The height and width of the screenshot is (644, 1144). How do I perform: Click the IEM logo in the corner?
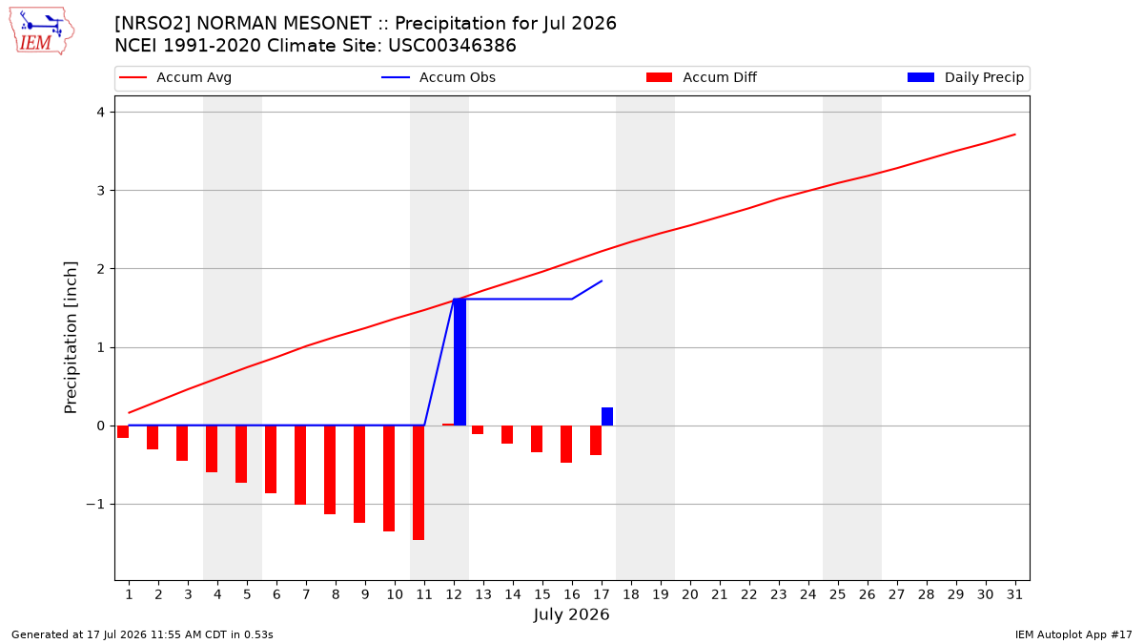(x=42, y=31)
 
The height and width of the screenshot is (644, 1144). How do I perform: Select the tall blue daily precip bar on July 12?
(x=460, y=362)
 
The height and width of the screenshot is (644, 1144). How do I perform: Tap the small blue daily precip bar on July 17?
(x=607, y=417)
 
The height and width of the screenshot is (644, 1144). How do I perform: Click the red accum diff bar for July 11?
(x=419, y=483)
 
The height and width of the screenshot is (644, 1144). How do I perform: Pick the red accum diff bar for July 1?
(x=123, y=432)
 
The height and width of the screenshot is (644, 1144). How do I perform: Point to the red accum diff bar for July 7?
(x=300, y=466)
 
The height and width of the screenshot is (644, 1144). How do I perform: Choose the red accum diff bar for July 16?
(x=566, y=445)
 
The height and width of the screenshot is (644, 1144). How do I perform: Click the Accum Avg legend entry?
(x=175, y=77)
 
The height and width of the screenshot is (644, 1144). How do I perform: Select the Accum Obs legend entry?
(x=439, y=77)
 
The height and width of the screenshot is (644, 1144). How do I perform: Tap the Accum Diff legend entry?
(x=702, y=77)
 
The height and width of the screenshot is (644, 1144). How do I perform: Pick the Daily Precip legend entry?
(x=965, y=77)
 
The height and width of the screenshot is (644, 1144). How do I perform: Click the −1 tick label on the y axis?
(x=95, y=505)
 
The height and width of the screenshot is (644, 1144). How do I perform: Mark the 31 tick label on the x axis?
(x=1014, y=594)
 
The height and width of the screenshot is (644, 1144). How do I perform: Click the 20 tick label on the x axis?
(x=690, y=594)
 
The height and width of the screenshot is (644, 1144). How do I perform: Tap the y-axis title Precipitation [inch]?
(x=71, y=338)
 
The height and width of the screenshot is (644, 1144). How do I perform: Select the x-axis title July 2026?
(x=571, y=614)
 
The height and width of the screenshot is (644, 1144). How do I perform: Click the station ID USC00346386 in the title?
(x=452, y=46)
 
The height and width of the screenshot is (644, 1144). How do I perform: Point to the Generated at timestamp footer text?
(x=142, y=634)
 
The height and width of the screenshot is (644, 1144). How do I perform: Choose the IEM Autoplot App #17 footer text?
(x=1073, y=634)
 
